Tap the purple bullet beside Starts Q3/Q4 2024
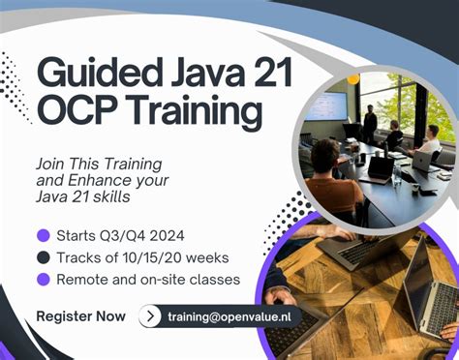pos(43,235)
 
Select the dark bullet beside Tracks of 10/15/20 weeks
pos(43,257)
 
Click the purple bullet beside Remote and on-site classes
pos(43,280)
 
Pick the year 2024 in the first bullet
pos(169,235)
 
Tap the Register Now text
pos(81,316)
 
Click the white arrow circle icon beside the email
pos(150,316)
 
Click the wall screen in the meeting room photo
pos(326,106)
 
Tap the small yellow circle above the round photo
pos(353,77)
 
